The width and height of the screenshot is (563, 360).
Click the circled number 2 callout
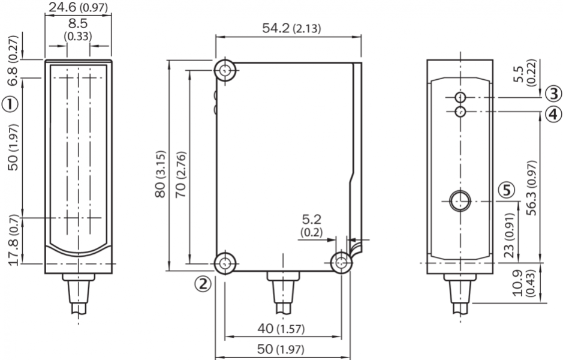(x=203, y=284)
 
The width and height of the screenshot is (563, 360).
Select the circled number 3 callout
(x=553, y=94)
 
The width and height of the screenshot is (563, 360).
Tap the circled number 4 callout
(x=553, y=114)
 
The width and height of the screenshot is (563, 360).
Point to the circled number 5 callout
(x=507, y=190)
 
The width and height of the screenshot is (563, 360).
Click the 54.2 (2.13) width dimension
(x=291, y=28)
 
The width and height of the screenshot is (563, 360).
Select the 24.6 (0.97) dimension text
(x=79, y=8)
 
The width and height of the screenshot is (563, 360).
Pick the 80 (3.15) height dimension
(x=161, y=174)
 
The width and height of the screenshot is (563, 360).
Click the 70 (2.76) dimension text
(x=180, y=175)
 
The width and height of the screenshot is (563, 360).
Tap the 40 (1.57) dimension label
(x=281, y=328)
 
